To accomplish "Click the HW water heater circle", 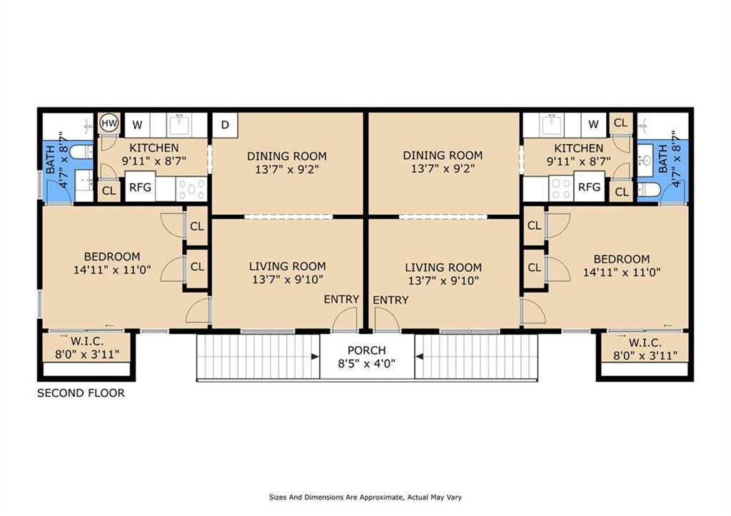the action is [109, 123].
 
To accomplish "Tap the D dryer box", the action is [225, 125].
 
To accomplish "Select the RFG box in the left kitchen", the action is [141, 187].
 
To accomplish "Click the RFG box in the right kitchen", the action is [589, 187].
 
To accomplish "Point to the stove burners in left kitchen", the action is [191, 189].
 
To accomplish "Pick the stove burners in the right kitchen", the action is [561, 188].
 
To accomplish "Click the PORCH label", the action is [367, 350].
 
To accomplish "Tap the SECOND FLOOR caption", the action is [81, 393].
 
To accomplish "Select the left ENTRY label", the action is [341, 299].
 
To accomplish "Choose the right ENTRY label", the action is [390, 300].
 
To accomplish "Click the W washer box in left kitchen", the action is [137, 125].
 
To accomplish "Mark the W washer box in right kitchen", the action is [593, 124].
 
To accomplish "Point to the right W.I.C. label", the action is [645, 343].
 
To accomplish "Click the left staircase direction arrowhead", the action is [315, 357].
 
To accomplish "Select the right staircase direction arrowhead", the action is [419, 357].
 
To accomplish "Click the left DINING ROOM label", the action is [287, 156].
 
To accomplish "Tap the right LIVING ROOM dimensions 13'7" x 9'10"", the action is [443, 280].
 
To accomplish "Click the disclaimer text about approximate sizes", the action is [365, 497].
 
